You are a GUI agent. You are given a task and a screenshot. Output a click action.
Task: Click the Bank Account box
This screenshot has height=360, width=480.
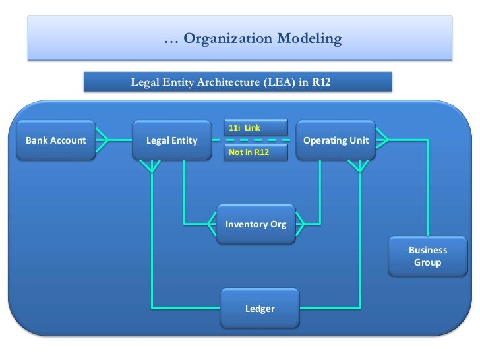pyautogui.click(x=56, y=140)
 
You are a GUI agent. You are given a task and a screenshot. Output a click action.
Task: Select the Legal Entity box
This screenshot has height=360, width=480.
pyautogui.click(x=171, y=140)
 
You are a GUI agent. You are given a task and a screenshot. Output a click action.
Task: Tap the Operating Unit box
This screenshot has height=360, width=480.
pyautogui.click(x=336, y=140)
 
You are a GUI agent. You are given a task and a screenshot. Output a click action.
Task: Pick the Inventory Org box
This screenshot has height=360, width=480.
pyautogui.click(x=256, y=224)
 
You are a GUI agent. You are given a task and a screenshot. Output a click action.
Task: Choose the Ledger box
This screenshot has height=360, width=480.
pyautogui.click(x=260, y=308)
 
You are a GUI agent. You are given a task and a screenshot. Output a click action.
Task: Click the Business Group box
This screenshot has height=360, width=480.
pyautogui.click(x=428, y=256)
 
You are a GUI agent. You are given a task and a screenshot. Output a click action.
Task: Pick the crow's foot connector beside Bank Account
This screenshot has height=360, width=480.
pyautogui.click(x=101, y=140)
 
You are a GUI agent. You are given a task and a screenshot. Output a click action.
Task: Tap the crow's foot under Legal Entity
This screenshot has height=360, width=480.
pyautogui.click(x=152, y=165)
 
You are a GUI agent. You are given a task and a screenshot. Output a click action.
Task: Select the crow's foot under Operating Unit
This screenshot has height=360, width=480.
pyautogui.click(x=359, y=165)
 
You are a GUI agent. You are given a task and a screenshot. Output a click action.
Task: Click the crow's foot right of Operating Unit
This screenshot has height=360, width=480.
pyautogui.click(x=382, y=140)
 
